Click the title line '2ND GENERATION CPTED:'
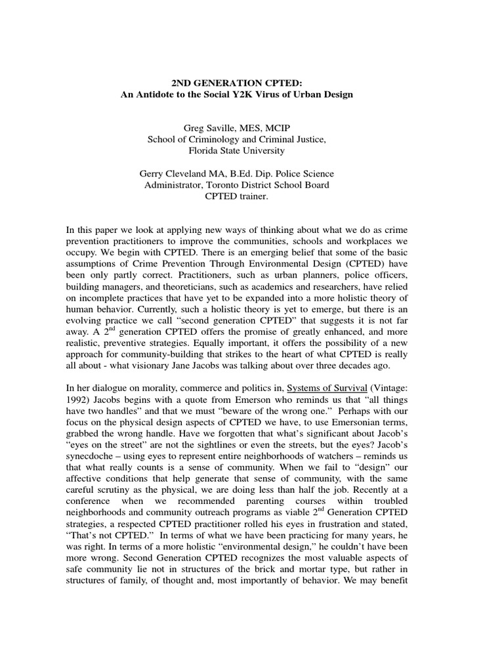coord(236,83)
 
